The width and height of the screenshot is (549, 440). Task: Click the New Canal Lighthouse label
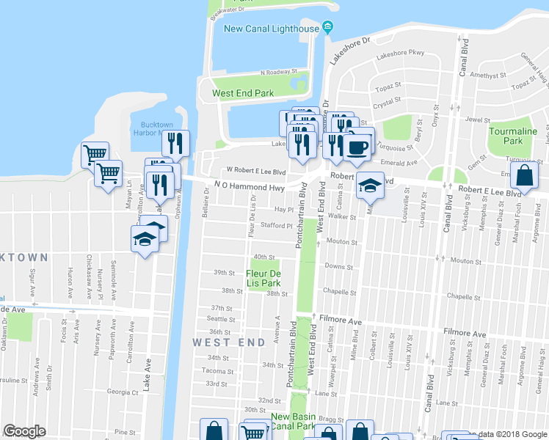[271, 29]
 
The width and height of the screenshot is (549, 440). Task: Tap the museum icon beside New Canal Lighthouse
[327, 29]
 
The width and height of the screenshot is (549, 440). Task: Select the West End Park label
[242, 93]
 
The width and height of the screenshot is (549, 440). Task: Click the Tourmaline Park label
[513, 136]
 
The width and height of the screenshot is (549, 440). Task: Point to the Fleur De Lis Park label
[263, 277]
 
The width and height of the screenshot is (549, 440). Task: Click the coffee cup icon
[358, 147]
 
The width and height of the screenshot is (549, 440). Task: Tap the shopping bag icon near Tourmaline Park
[526, 175]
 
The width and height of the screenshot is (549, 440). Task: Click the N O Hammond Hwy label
[248, 187]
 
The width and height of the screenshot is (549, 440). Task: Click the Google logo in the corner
[25, 431]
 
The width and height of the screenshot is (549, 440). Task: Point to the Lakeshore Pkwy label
[400, 53]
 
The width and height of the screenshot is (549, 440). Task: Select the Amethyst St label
[485, 75]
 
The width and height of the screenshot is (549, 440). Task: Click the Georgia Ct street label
[122, 392]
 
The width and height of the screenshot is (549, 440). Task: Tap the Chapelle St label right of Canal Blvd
[468, 297]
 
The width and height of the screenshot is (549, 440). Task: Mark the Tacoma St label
[219, 370]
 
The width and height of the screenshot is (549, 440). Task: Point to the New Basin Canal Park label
[293, 421]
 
